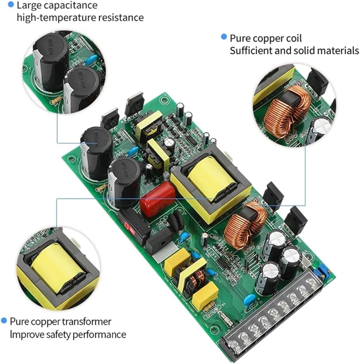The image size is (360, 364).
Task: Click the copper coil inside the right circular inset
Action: coord(287,111)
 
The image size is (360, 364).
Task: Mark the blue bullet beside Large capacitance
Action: coord(11,5)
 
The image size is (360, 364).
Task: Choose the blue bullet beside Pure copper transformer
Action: coord(4,321)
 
